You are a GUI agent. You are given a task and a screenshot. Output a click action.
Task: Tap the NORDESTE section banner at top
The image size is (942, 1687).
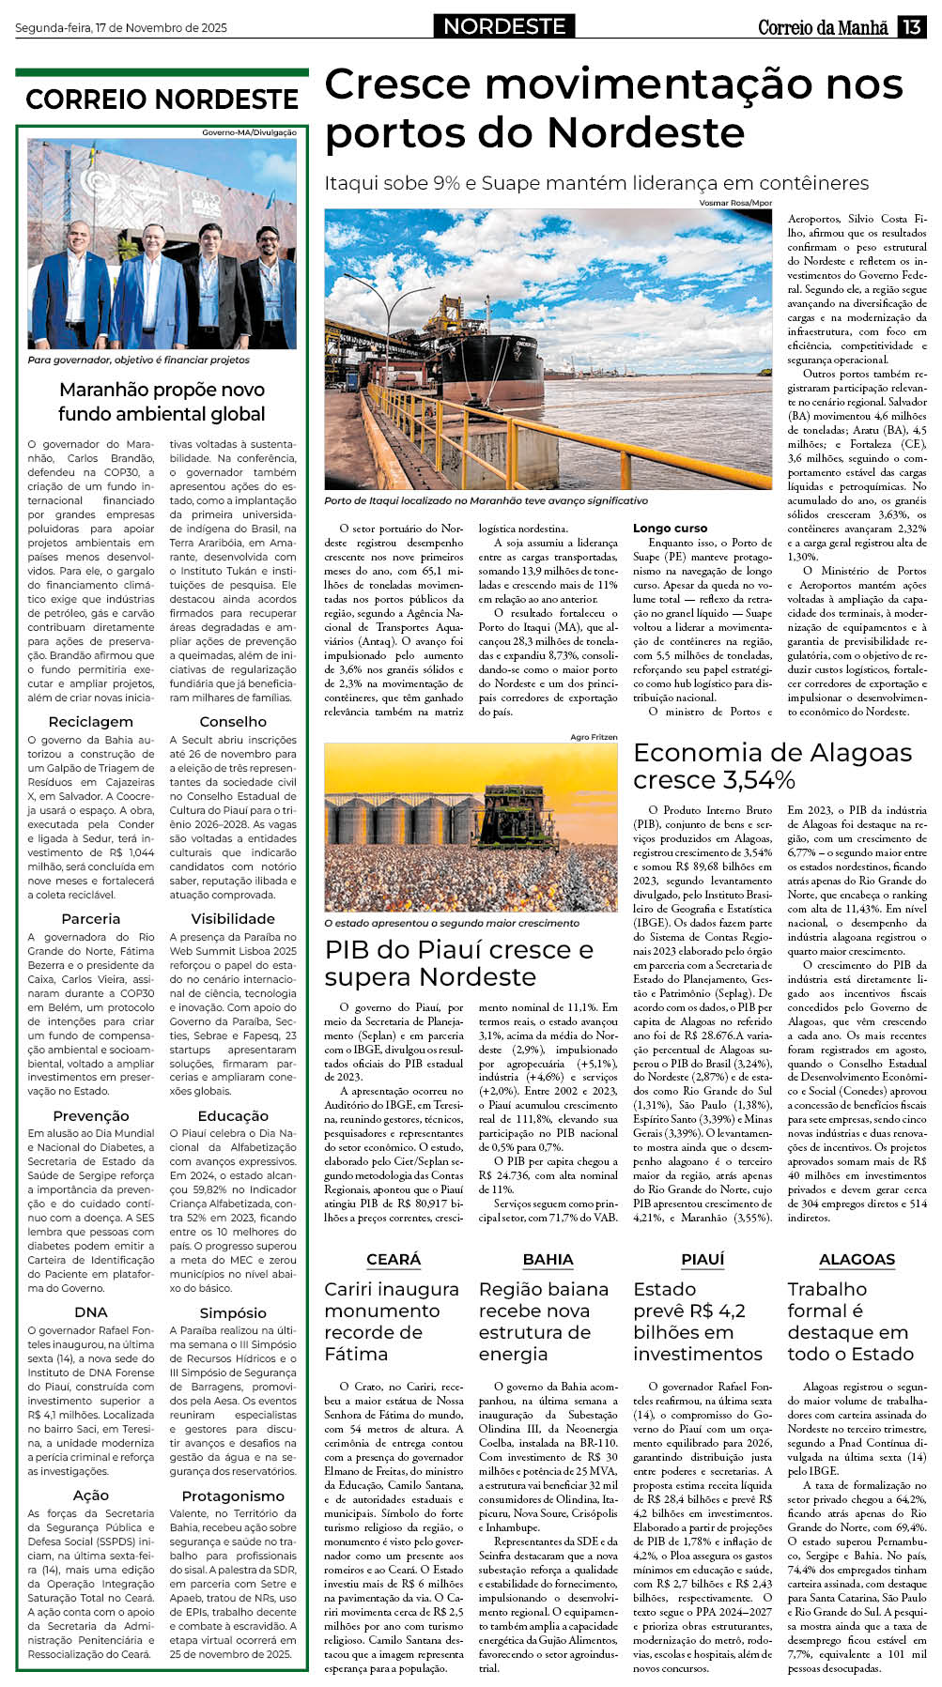[504, 26]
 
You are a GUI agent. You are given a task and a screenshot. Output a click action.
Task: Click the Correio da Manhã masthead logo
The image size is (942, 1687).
[823, 27]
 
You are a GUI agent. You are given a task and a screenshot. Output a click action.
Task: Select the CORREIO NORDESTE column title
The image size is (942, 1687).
[162, 100]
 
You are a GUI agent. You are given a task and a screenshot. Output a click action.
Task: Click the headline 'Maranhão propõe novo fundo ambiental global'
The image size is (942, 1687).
[162, 402]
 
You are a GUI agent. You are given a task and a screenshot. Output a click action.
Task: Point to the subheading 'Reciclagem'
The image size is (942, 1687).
[91, 722]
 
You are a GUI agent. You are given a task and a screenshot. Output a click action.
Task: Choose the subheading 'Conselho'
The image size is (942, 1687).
[233, 722]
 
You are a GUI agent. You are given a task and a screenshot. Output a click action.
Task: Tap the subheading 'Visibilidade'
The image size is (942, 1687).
[233, 919]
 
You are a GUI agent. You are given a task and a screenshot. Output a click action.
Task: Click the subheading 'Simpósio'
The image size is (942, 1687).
[233, 1312]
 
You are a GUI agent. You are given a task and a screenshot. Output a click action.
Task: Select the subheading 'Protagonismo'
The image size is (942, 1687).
[233, 1495]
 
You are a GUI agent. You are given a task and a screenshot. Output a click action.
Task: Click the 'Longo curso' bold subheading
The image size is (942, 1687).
[670, 529]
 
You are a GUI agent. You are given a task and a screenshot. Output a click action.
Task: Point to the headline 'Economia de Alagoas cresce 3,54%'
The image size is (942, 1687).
[772, 766]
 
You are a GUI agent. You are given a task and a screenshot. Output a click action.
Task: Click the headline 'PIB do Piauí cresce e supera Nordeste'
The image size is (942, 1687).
[458, 963]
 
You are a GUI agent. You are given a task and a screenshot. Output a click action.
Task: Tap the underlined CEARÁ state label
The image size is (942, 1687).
[394, 1259]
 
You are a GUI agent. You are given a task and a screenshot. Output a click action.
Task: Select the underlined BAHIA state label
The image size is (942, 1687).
[548, 1259]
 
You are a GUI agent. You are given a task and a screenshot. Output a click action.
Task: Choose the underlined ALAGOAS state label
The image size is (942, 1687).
[857, 1259]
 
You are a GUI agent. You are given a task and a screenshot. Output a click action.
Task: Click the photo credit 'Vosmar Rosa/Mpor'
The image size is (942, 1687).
[735, 203]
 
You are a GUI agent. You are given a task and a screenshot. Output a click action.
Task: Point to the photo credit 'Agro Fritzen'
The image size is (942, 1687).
[594, 737]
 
